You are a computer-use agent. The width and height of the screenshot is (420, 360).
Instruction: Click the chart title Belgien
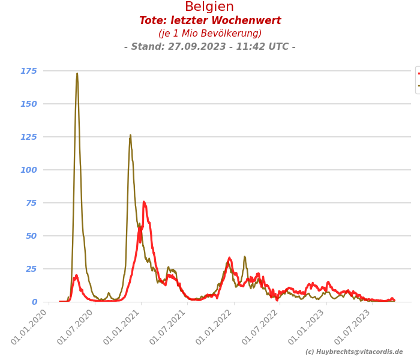click(209, 7)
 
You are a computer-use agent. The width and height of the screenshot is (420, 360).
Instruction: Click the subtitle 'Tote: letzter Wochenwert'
click(210, 21)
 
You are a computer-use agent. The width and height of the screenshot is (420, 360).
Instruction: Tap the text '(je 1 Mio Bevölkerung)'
click(210, 34)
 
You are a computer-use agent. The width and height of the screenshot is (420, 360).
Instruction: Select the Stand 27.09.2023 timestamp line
click(210, 47)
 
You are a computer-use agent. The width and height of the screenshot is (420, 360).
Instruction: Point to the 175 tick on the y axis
click(29, 71)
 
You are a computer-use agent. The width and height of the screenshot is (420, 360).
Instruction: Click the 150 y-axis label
click(29, 104)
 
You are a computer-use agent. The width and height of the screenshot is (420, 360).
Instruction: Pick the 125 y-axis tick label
click(29, 137)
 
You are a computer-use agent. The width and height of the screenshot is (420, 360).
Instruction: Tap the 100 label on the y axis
click(29, 170)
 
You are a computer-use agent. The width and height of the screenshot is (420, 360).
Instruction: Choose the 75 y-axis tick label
click(31, 203)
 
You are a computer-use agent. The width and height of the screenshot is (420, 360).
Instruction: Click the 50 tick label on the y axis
click(31, 236)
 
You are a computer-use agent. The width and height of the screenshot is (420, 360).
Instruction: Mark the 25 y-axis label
click(31, 269)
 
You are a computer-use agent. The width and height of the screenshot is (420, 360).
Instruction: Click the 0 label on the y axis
click(34, 302)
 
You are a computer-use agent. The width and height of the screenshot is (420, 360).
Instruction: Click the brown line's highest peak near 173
click(77, 74)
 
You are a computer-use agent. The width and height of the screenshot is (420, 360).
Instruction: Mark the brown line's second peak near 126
click(130, 136)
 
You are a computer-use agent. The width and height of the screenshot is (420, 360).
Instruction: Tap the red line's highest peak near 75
click(144, 202)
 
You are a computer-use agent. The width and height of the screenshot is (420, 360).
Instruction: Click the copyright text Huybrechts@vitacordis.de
click(354, 352)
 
